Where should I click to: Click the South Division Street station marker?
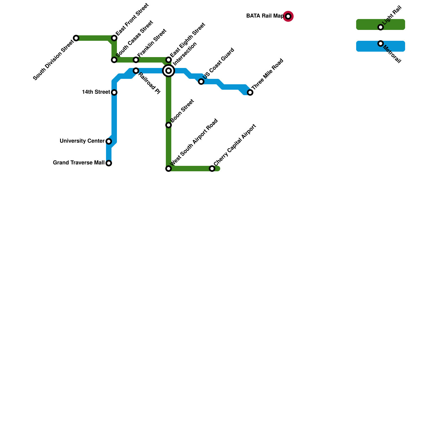point(76,38)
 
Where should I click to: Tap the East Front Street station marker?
point(114,38)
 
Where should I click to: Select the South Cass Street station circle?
point(114,60)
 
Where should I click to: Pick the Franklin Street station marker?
point(136,60)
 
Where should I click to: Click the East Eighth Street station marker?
point(169,60)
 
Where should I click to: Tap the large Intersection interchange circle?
point(169,71)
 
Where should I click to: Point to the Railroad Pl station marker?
point(136,71)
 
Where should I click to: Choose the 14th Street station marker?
point(114,92)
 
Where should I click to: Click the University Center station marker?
point(109,141)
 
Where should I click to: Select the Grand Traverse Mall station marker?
point(109,163)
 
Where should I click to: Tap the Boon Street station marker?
point(169,125)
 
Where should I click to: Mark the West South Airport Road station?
point(169,169)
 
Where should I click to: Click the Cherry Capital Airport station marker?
point(212,169)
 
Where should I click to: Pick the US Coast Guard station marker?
point(201,82)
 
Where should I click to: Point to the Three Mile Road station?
point(250,92)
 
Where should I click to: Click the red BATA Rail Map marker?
point(288,16)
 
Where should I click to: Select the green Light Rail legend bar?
point(364,24)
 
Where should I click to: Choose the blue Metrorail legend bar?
point(364,46)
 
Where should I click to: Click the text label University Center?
point(82,141)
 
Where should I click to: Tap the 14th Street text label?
point(96,92)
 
